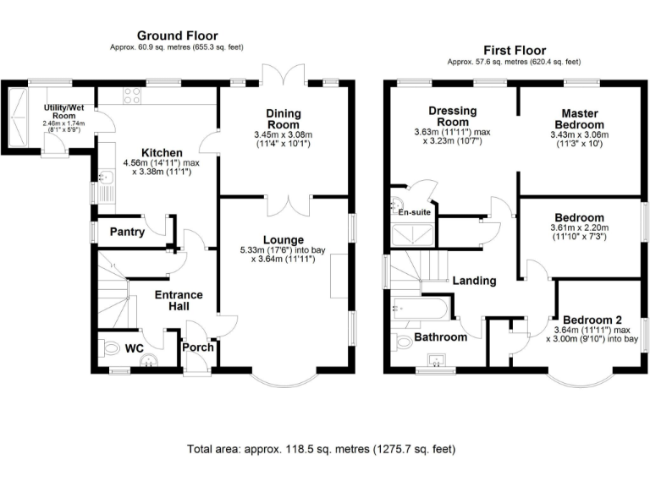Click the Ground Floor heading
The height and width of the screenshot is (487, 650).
coord(177,36)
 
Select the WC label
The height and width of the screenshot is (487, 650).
coord(135,347)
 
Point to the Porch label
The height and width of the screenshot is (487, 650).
coord(197,347)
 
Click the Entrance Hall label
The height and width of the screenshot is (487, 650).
coord(178,301)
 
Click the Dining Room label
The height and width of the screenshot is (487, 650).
coord(283,119)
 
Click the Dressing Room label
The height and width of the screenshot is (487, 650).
coord(453,117)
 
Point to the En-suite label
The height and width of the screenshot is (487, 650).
coord(415,211)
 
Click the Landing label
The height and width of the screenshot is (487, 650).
coord(474,281)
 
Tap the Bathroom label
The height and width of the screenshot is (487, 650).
coord(440,337)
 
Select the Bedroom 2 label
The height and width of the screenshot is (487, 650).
coord(592,319)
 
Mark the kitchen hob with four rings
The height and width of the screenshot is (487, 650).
coord(132,98)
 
